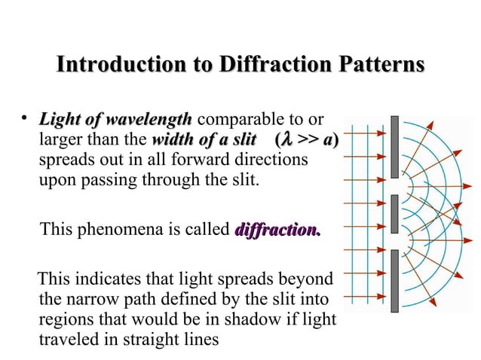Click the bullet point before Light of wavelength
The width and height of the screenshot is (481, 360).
point(25,117)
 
